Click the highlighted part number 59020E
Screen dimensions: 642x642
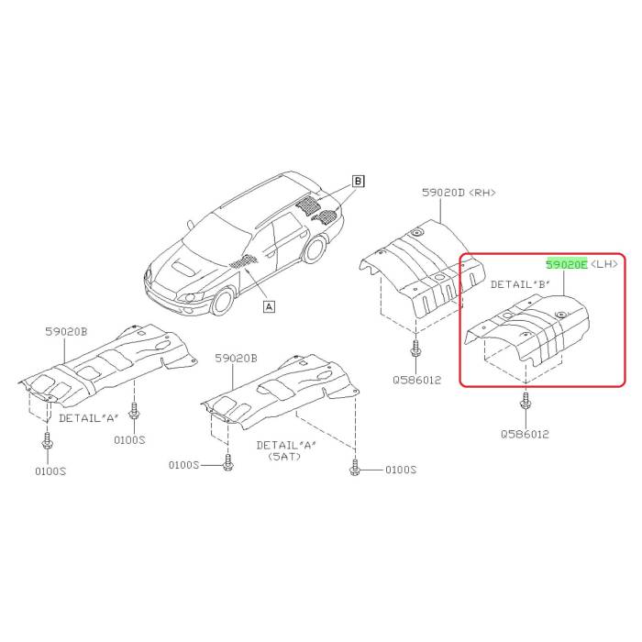pyautogui.click(x=567, y=264)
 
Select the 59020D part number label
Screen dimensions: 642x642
pyautogui.click(x=441, y=194)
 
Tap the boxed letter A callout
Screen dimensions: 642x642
pyautogui.click(x=268, y=307)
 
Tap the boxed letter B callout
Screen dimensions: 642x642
pyautogui.click(x=359, y=181)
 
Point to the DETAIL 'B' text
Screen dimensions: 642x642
pyautogui.click(x=520, y=284)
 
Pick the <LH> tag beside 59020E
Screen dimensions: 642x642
pyautogui.click(x=605, y=264)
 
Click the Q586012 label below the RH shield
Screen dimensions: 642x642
pyautogui.click(x=417, y=377)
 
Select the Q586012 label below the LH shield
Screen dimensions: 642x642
pyautogui.click(x=526, y=434)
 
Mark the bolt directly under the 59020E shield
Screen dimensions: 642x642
pyautogui.click(x=526, y=404)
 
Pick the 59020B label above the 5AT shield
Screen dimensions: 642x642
pyautogui.click(x=237, y=359)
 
